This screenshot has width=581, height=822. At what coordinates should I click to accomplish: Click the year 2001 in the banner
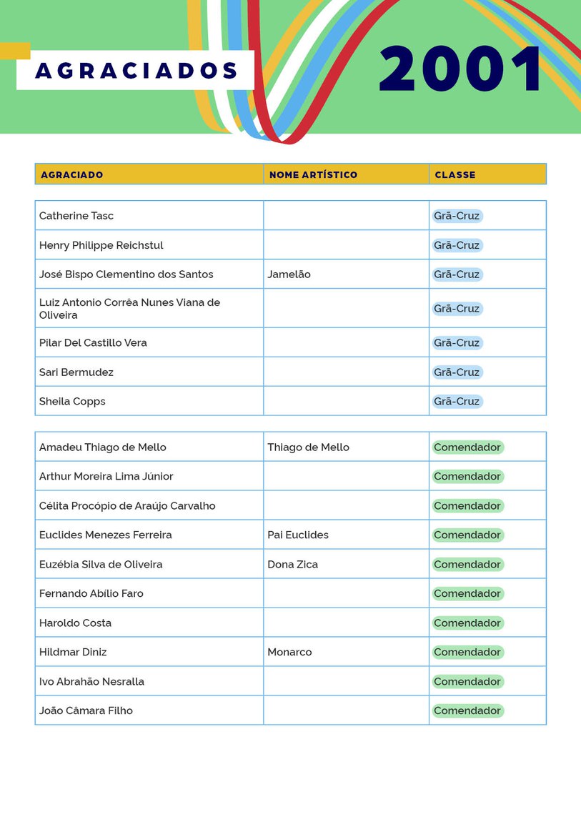(x=462, y=69)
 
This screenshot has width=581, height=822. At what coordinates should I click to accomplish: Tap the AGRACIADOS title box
(x=136, y=71)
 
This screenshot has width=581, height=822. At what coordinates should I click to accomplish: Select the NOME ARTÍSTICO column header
(x=313, y=174)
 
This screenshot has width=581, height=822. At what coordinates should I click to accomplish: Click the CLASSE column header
(x=455, y=174)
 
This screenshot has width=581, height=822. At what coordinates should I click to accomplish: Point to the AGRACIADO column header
(x=71, y=174)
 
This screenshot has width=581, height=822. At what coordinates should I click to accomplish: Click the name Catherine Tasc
(x=76, y=216)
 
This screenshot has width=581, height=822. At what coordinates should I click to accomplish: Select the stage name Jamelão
(x=289, y=274)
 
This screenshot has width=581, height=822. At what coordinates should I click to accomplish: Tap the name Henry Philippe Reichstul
(x=101, y=245)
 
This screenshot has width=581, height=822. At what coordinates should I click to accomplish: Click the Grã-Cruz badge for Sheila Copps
(x=457, y=402)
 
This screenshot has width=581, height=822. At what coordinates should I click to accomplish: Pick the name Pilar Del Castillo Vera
(x=93, y=343)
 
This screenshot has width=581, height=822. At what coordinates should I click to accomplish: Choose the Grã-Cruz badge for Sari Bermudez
(x=457, y=372)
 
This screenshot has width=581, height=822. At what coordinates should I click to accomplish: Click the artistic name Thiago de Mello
(x=308, y=447)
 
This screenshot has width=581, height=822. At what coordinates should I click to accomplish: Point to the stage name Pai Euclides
(x=298, y=535)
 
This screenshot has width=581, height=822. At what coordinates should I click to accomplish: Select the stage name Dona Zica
(x=292, y=565)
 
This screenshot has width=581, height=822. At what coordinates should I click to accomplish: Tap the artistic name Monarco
(x=289, y=653)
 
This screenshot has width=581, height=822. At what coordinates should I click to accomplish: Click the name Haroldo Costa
(x=75, y=623)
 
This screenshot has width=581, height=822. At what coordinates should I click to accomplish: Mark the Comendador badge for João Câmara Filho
(x=467, y=711)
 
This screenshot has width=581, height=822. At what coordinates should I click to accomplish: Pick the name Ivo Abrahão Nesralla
(x=91, y=682)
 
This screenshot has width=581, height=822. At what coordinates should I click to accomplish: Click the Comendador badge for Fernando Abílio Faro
(x=467, y=594)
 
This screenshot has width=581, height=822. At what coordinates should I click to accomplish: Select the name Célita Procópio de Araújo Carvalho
(x=127, y=506)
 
